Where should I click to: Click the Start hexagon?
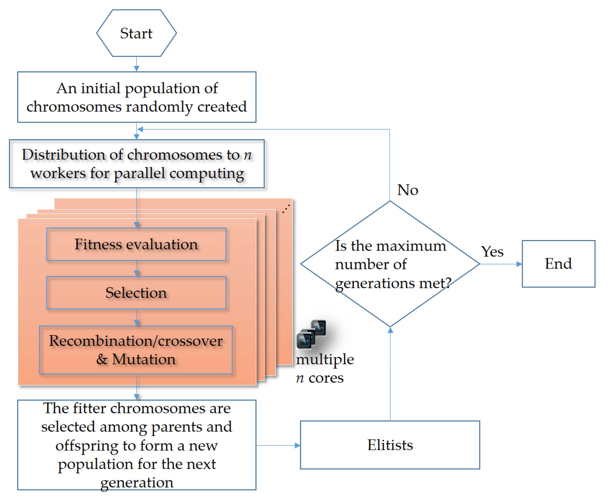(136, 33)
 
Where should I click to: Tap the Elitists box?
(390, 445)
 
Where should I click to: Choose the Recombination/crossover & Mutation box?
(136, 350)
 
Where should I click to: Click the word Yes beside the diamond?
(492, 252)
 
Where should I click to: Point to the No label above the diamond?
(407, 190)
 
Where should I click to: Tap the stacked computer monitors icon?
(311, 334)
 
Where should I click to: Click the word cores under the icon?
(326, 378)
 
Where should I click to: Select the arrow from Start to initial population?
(137, 64)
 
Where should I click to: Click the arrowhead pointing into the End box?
(519, 264)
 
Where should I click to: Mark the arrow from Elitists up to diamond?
(390, 374)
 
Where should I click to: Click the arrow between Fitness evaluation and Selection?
(137, 268)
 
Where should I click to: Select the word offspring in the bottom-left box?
(87, 445)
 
